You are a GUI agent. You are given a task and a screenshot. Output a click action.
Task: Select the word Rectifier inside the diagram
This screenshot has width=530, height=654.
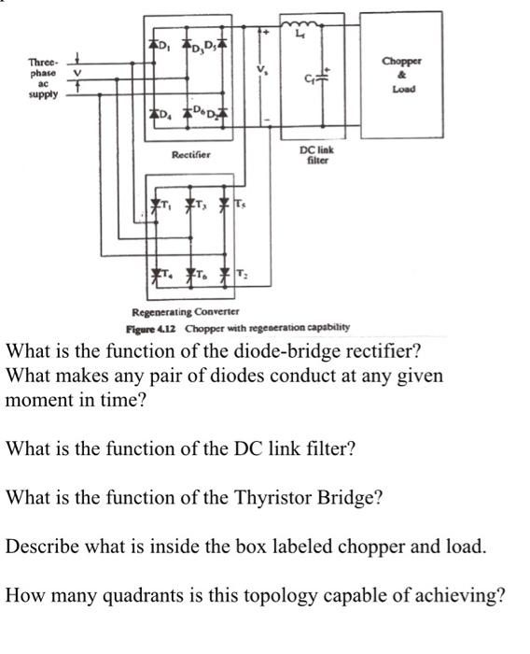coord(190,155)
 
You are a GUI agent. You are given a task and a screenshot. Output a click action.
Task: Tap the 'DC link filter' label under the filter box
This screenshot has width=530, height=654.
coord(312,154)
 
